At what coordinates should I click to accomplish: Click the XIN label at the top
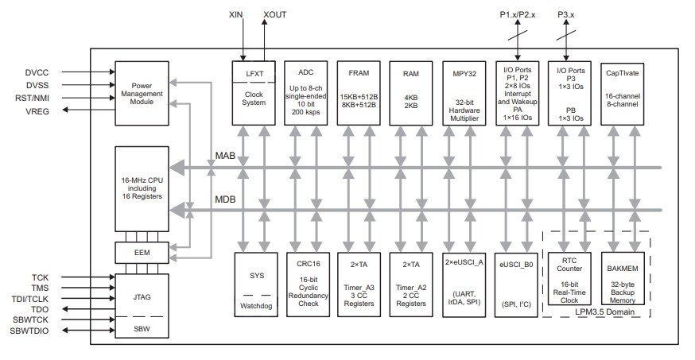click(x=236, y=14)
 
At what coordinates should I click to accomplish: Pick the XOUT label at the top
click(x=275, y=14)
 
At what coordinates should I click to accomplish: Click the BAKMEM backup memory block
click(x=622, y=282)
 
